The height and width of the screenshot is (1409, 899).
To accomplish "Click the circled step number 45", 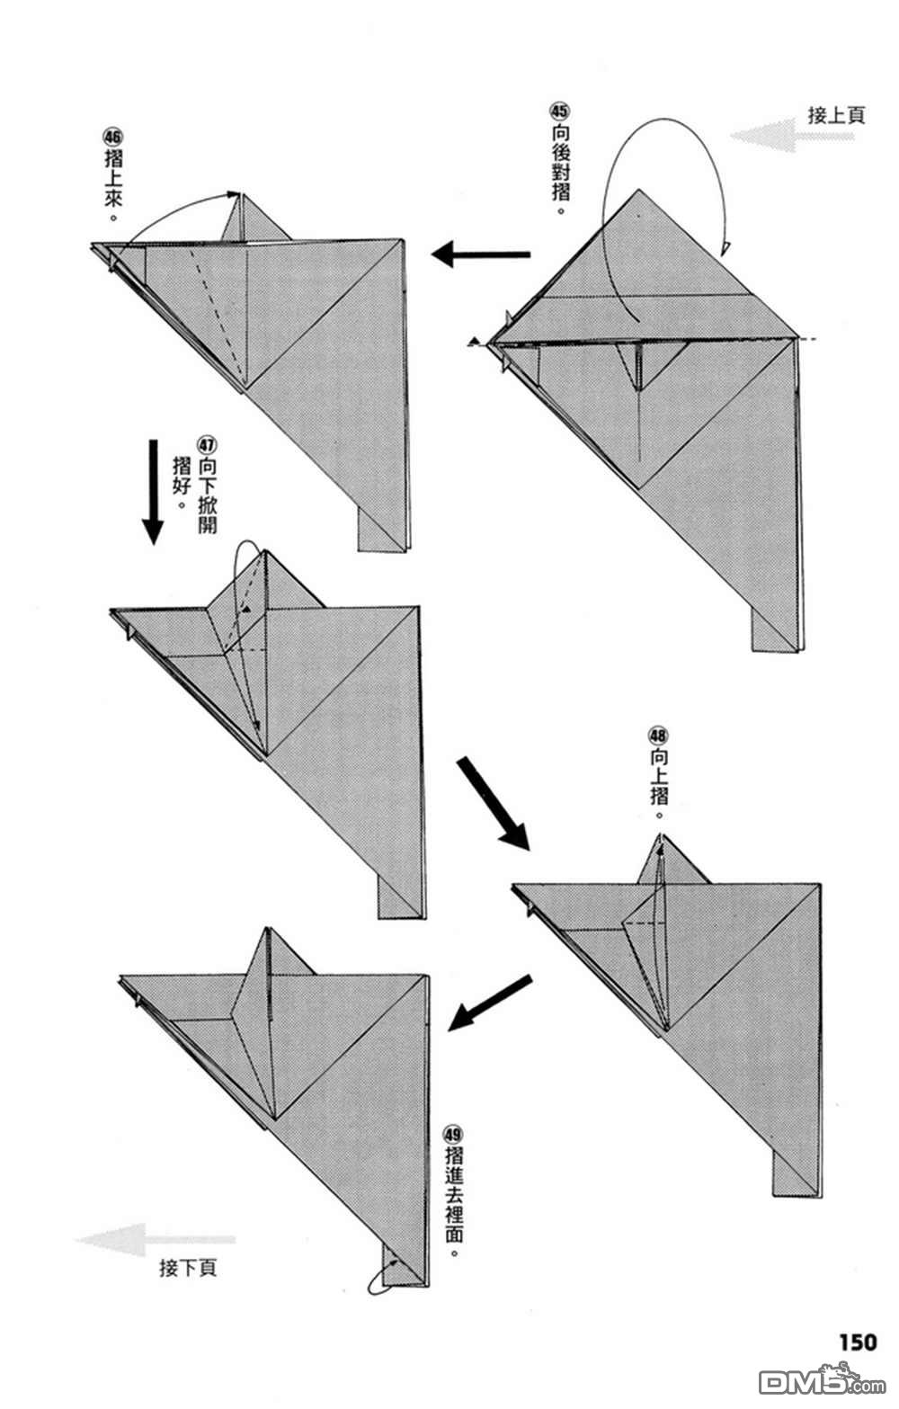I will click(x=559, y=111).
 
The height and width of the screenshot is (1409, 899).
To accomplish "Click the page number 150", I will click(x=857, y=1342).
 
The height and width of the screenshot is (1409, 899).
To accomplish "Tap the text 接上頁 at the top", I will click(x=836, y=115).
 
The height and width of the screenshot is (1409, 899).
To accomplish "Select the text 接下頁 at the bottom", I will click(x=188, y=1268).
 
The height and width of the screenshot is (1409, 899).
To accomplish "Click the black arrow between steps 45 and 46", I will click(x=480, y=255).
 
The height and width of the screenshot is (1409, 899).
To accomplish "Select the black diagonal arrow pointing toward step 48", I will click(x=493, y=803).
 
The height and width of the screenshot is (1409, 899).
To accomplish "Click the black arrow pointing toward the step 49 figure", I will click(x=490, y=1002).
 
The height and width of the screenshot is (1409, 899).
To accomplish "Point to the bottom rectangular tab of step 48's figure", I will click(x=796, y=1174).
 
